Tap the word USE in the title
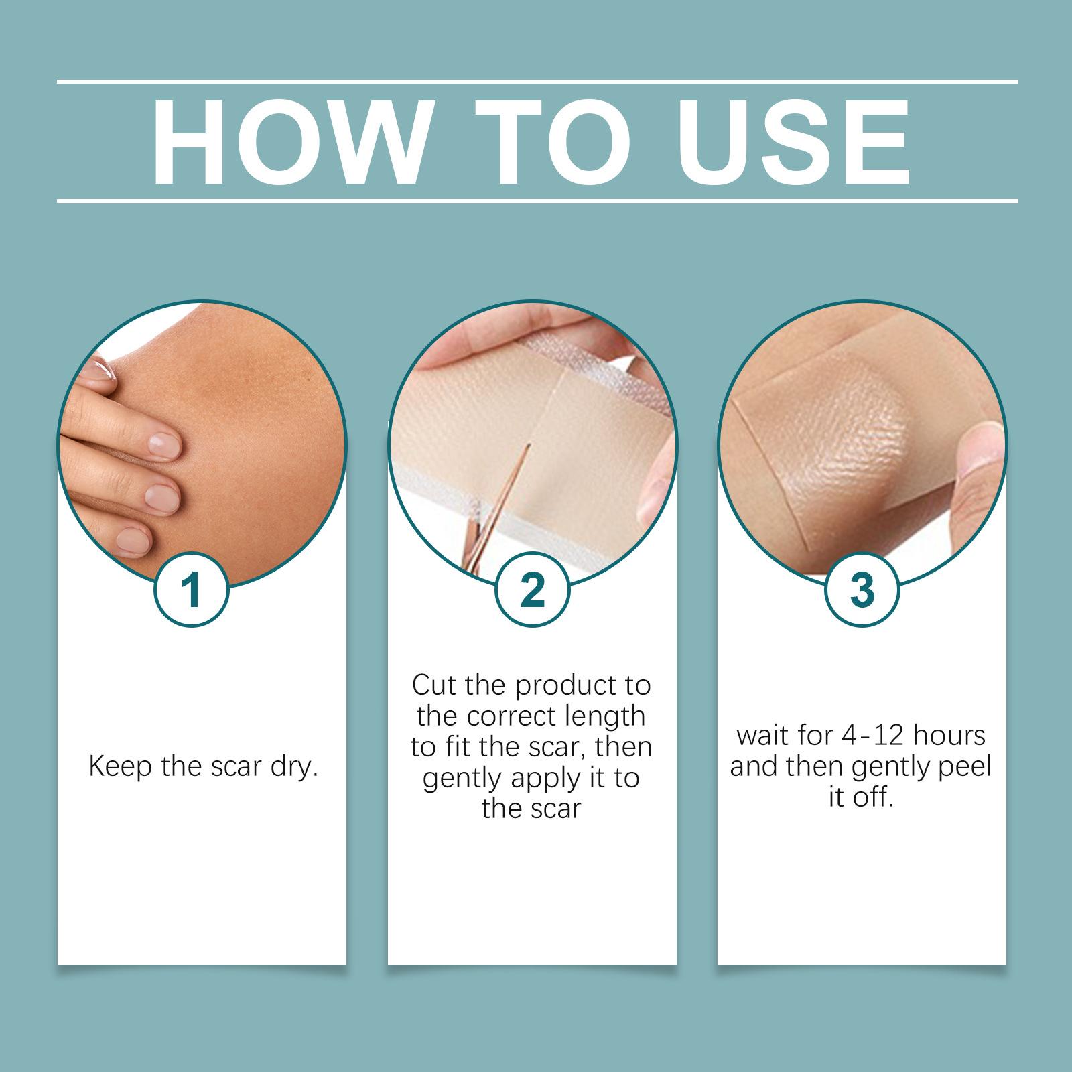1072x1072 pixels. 797,143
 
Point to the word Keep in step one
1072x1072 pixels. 120,766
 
